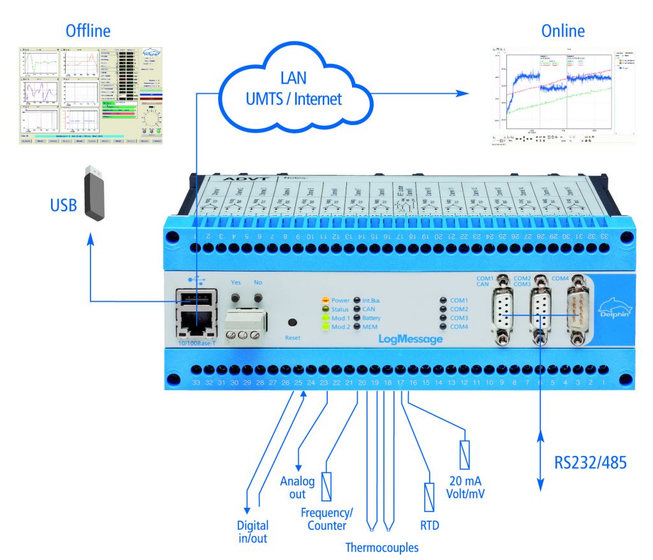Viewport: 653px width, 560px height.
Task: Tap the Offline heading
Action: [88, 31]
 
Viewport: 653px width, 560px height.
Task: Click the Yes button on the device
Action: [235, 298]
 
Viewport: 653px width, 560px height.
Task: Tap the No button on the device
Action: [258, 298]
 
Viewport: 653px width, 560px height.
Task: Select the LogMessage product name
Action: [411, 339]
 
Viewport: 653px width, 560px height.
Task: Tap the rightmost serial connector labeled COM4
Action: [576, 310]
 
